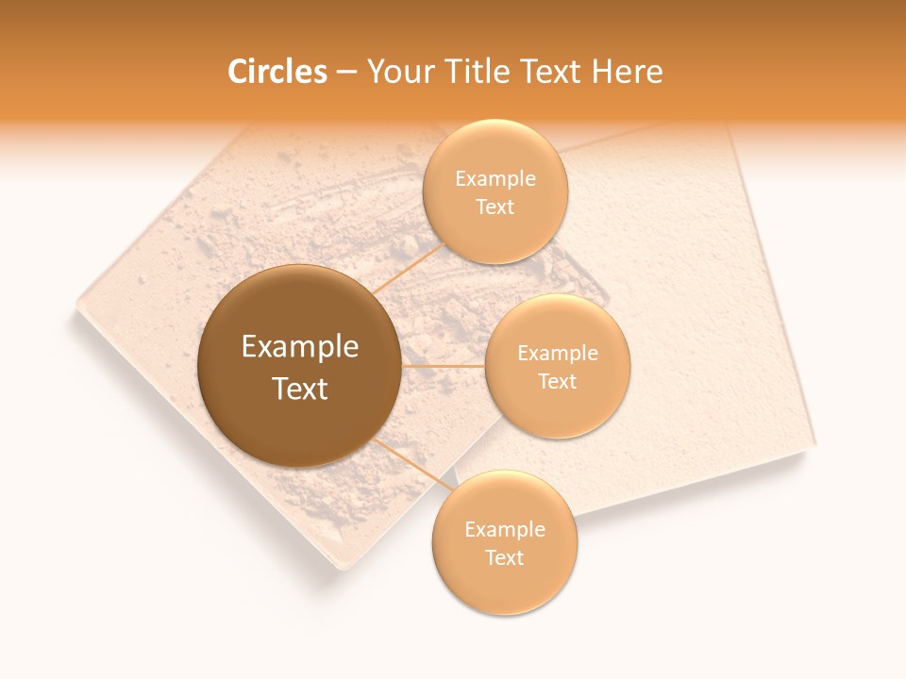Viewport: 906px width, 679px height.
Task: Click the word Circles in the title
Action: [277, 72]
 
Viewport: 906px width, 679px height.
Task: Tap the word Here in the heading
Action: [627, 72]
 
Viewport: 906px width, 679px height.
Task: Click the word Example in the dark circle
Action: [300, 347]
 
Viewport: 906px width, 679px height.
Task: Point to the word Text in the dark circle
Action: [300, 389]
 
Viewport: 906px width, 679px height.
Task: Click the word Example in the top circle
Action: [495, 179]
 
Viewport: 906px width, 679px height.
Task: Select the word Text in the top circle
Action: [495, 207]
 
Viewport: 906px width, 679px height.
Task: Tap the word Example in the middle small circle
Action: [558, 354]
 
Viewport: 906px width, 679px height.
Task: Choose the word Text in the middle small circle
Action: [557, 382]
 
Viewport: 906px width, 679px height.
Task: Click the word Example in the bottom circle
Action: [505, 530]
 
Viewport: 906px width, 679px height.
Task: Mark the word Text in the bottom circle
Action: [504, 558]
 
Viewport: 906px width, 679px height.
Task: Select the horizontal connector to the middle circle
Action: [443, 366]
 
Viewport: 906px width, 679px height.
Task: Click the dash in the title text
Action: [346, 72]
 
